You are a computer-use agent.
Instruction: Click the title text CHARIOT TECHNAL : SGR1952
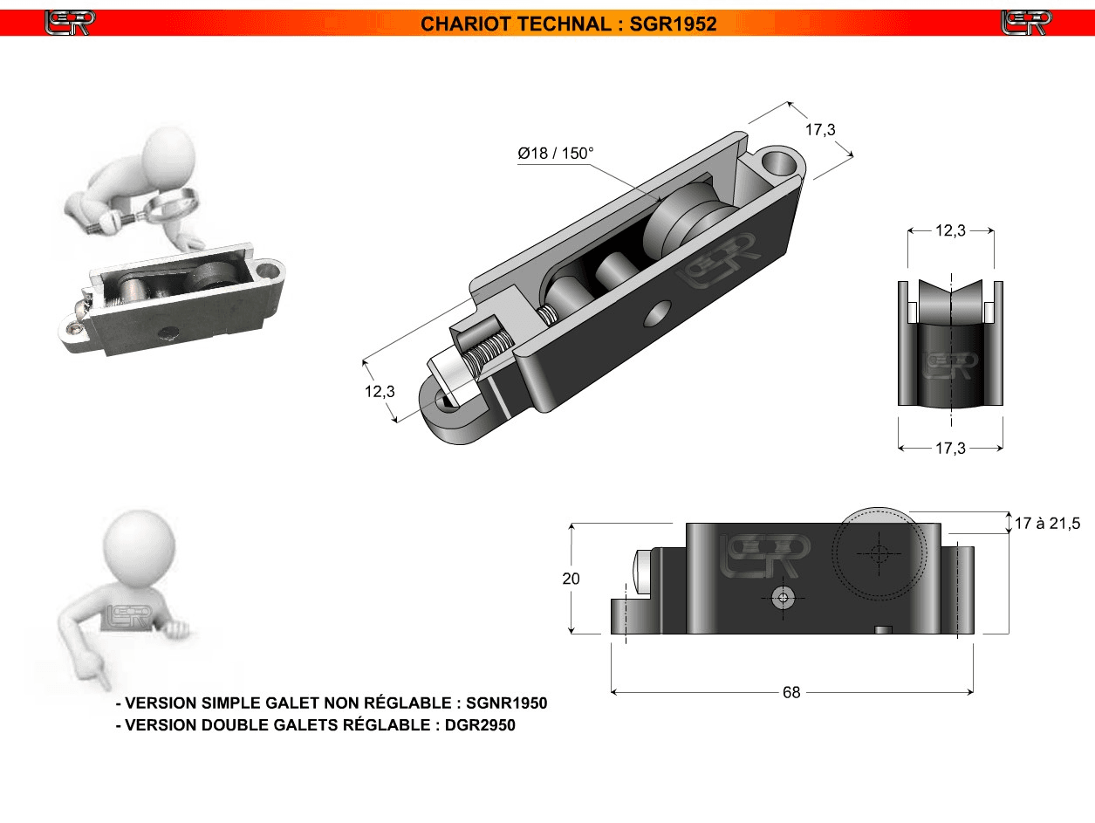point(569,24)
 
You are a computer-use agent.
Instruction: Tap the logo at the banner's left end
point(70,23)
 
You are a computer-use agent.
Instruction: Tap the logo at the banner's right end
point(1026,23)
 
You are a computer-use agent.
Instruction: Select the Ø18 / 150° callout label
point(556,153)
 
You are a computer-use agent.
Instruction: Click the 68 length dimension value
point(791,692)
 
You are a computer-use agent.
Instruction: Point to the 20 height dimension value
point(571,579)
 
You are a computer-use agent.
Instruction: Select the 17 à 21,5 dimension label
point(1047,524)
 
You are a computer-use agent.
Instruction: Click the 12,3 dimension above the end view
point(950,230)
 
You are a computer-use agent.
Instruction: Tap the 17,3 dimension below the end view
point(950,449)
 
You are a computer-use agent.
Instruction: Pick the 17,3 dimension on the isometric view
point(820,130)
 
